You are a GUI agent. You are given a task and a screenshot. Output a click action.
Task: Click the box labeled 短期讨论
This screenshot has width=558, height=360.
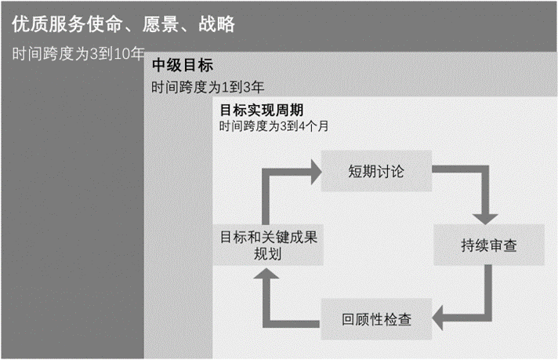point(376,171)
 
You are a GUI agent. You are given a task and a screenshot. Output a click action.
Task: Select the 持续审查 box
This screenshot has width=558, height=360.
point(489,245)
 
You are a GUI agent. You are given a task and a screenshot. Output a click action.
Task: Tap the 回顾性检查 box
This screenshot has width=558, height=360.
point(376,319)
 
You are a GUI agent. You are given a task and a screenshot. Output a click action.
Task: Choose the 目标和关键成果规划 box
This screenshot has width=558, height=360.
point(268,245)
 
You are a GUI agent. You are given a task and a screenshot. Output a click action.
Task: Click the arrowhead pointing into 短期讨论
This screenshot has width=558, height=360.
point(316,172)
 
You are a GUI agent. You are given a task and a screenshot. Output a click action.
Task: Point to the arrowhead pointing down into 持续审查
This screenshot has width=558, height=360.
point(485,220)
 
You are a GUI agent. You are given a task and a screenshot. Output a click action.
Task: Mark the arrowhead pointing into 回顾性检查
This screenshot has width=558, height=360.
point(437,318)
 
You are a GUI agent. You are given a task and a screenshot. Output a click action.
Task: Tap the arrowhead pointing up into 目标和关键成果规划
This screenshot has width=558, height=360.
point(266,273)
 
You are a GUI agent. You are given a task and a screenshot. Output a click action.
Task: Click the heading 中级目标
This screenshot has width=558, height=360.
point(183,65)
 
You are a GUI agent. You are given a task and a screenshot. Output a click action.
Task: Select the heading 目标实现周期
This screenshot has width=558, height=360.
point(262,110)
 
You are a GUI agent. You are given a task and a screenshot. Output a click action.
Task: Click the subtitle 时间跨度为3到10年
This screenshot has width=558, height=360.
point(78,54)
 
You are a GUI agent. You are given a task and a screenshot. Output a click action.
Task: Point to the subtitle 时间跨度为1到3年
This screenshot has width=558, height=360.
point(208,87)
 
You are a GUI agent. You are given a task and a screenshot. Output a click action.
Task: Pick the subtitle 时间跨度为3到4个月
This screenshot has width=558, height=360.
point(274,125)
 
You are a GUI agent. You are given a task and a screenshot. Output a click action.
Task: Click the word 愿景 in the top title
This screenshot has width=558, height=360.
point(160,24)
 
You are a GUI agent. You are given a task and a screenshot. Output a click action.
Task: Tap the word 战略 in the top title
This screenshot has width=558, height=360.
point(217,24)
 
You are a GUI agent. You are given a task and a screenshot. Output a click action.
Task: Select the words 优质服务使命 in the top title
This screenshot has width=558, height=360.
point(67,24)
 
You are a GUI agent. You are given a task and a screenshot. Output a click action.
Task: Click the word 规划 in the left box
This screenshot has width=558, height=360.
point(267,254)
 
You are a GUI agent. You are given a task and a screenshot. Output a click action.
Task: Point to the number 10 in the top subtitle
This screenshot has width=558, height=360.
point(121,54)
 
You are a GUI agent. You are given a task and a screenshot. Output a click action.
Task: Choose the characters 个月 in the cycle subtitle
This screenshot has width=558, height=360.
point(317,125)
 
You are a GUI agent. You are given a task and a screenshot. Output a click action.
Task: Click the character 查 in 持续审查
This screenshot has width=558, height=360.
point(510,245)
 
